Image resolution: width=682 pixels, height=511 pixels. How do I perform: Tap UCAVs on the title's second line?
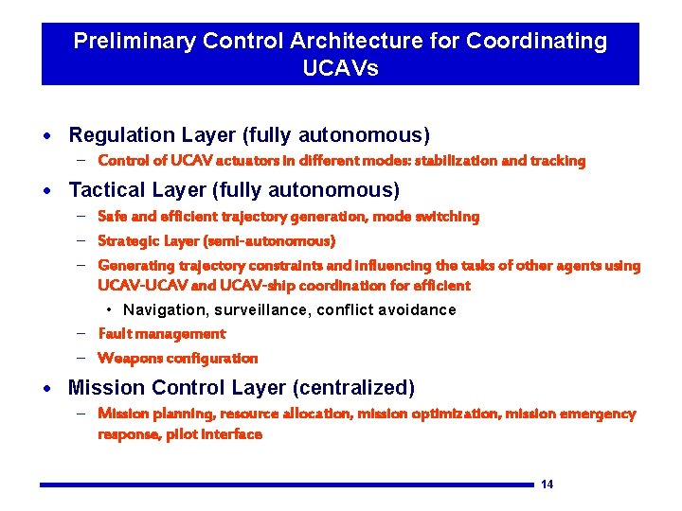340,68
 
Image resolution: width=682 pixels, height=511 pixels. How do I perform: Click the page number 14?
547,485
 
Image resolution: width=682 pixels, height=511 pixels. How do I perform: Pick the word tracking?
559,161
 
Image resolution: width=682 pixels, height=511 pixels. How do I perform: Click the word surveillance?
262,310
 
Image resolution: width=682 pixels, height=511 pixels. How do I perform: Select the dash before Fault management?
82,333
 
